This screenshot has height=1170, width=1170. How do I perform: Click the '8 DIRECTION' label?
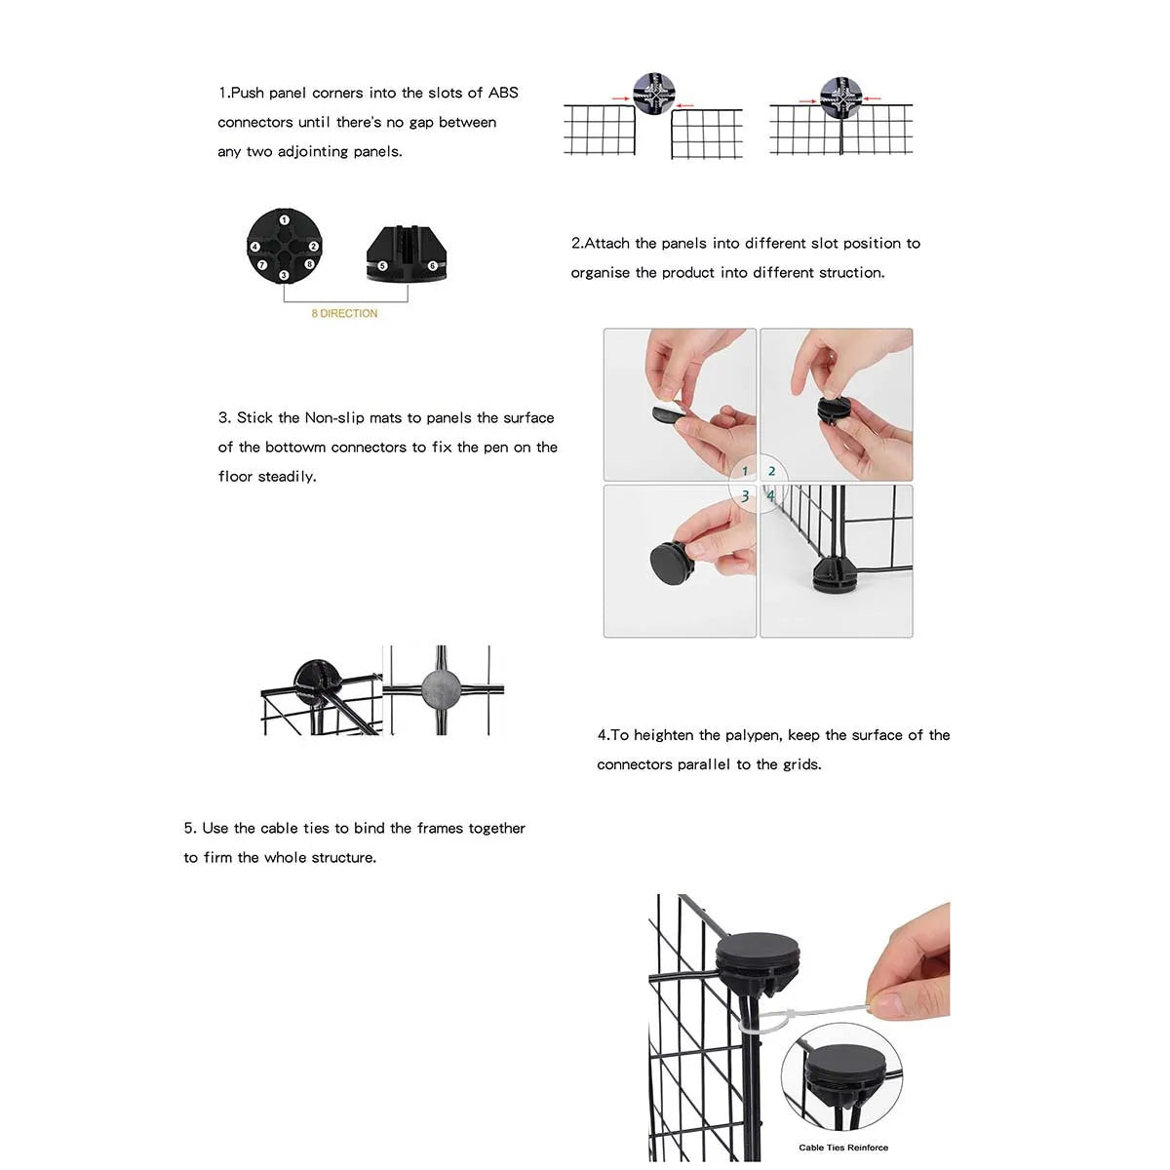tap(344, 313)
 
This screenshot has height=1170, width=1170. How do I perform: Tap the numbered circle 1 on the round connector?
tap(284, 220)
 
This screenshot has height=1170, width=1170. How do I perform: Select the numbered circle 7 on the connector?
tap(261, 264)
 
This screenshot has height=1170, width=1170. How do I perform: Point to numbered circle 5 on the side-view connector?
tap(382, 265)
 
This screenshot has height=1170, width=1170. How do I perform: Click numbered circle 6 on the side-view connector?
tap(433, 265)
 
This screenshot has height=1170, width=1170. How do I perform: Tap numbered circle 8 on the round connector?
tap(309, 264)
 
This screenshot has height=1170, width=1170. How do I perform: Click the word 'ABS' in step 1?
tap(503, 93)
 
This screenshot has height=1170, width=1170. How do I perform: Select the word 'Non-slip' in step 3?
tap(334, 417)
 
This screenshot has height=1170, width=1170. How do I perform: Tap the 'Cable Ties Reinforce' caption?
tap(843, 1148)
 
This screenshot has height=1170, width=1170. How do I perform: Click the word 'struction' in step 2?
tap(850, 273)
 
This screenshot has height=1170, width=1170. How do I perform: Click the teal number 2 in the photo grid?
tap(771, 472)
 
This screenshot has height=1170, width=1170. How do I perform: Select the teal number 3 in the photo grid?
tap(745, 496)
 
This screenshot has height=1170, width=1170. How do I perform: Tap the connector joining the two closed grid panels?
tap(839, 97)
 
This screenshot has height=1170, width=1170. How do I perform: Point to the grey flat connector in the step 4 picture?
tap(442, 689)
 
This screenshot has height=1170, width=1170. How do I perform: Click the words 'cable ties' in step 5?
tap(294, 828)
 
